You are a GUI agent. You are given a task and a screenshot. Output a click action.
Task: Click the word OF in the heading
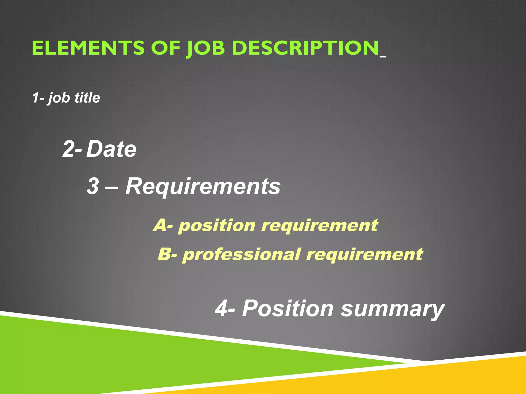tap(165, 48)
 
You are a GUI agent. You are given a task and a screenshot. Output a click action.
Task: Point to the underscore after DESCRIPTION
tap(383, 56)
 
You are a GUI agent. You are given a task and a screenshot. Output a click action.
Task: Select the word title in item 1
tap(87, 98)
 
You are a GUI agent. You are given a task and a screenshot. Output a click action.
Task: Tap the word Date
tap(111, 149)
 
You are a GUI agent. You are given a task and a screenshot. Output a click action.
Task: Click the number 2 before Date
tap(69, 149)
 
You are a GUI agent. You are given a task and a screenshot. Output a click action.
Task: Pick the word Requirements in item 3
tap(203, 186)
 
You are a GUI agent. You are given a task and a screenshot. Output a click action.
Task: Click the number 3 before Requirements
tap(93, 186)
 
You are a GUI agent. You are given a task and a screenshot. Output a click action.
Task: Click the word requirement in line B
tap(364, 254)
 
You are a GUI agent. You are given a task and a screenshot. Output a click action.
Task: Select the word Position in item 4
tap(288, 309)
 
